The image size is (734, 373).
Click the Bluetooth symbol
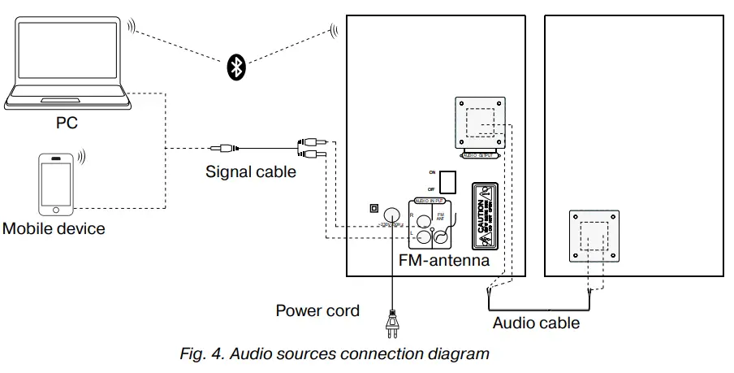[x=235, y=68]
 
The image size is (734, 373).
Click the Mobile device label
[x=54, y=228]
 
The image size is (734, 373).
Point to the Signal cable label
[x=250, y=171]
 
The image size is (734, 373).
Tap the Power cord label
[x=317, y=310]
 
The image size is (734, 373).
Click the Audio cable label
[x=536, y=323]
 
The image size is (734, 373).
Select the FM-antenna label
[x=443, y=261]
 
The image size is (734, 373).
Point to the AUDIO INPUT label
[x=430, y=200]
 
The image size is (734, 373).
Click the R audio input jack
[x=422, y=218]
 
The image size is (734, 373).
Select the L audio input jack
[x=422, y=237]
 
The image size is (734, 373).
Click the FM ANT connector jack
[x=441, y=237]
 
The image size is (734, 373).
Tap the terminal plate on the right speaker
[x=594, y=235]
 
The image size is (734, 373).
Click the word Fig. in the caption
[x=193, y=354]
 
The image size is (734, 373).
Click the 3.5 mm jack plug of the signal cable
[x=221, y=148]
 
